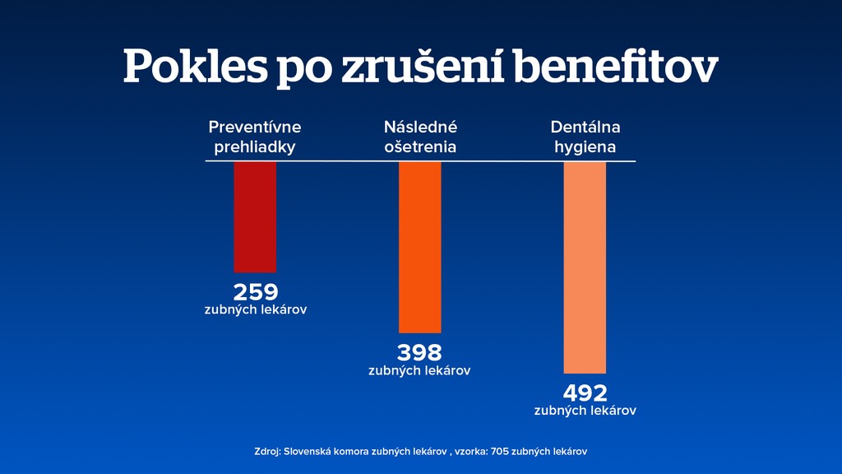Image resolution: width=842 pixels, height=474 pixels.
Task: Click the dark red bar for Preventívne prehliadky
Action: [255, 216]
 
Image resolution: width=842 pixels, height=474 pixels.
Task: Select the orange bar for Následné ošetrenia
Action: [419, 247]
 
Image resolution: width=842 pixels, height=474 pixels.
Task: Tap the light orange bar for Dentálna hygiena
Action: [585, 267]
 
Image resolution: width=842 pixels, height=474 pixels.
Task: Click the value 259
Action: [256, 292]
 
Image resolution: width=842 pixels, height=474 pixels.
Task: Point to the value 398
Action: [419, 353]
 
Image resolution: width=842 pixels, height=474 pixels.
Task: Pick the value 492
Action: [585, 393]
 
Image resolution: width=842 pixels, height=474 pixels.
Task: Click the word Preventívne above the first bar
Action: [255, 128]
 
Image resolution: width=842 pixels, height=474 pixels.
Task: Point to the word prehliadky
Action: [255, 148]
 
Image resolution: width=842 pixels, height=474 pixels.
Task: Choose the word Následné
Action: [420, 128]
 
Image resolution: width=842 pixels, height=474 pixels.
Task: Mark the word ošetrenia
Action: [420, 148]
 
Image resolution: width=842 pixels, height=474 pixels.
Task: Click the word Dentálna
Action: [585, 128]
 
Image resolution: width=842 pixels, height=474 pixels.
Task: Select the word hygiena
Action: [585, 148]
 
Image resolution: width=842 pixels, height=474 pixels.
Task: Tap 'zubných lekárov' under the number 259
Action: [256, 310]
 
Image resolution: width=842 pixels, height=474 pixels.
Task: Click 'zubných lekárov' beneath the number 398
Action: [419, 370]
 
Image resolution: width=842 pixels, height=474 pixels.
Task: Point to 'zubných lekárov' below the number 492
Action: [585, 410]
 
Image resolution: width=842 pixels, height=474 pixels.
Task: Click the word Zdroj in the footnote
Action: [267, 452]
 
